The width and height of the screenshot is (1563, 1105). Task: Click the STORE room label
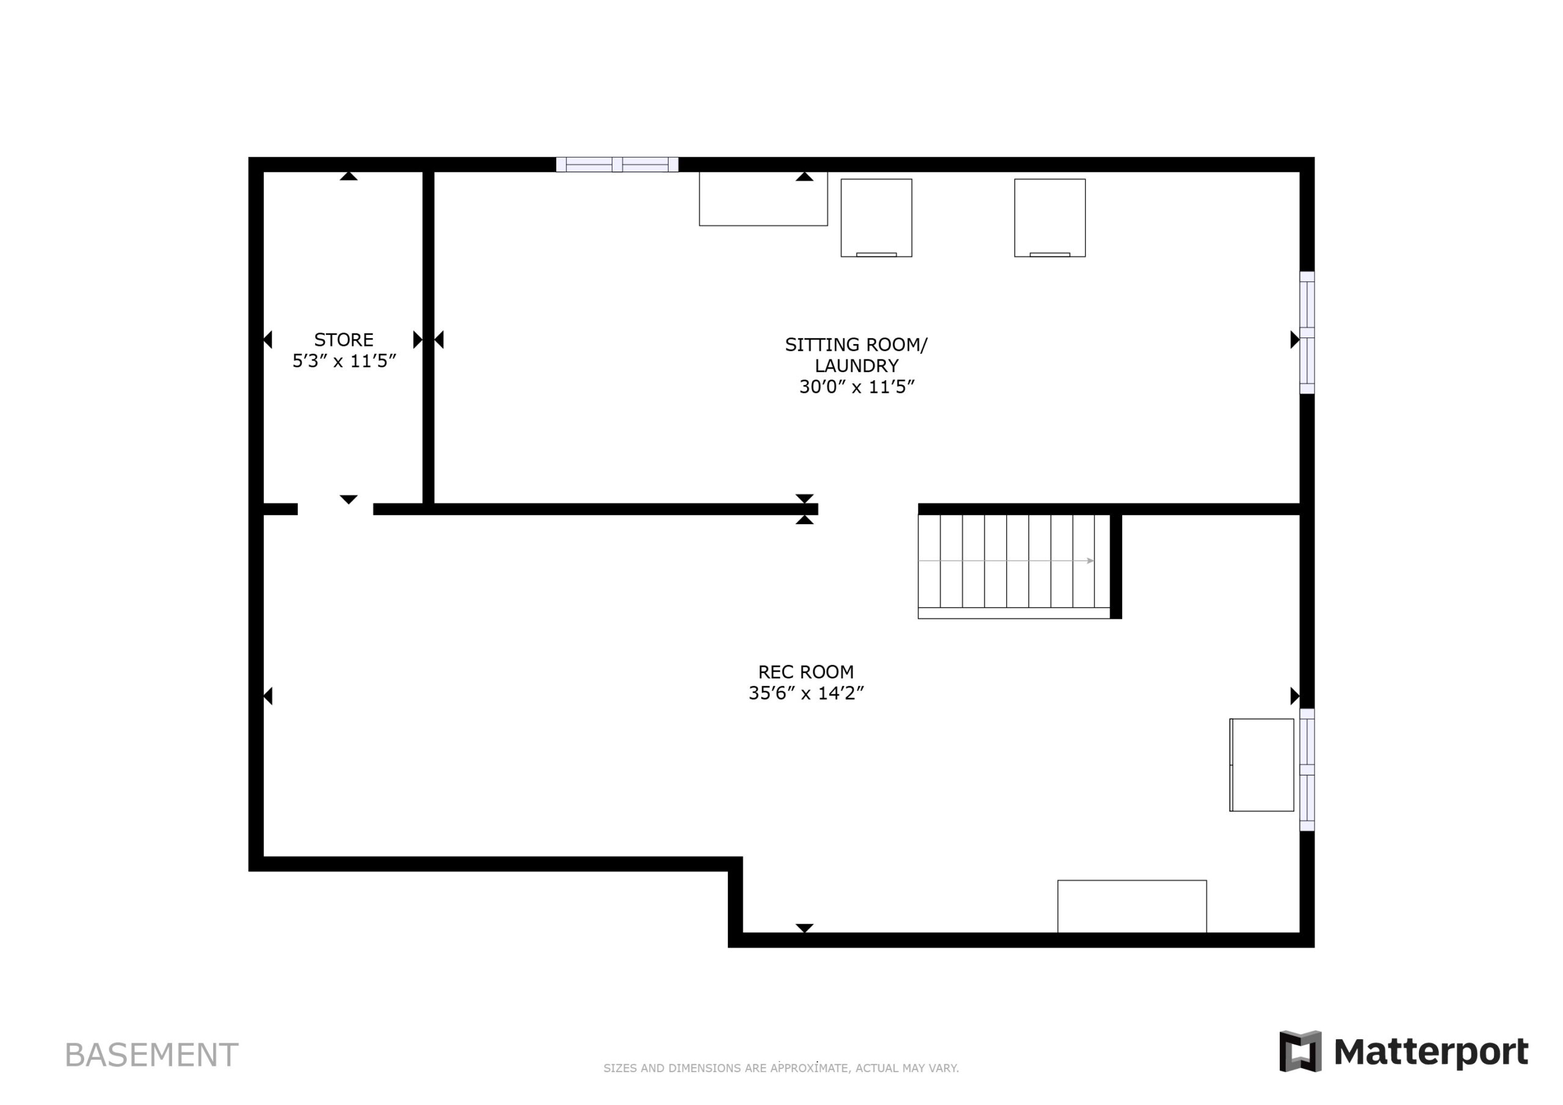click(344, 339)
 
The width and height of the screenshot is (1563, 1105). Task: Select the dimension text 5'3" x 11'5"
click(344, 361)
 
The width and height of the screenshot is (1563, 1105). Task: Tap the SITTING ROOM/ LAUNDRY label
click(857, 355)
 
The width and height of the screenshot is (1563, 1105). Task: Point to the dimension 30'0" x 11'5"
click(857, 386)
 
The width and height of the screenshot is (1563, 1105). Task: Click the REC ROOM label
click(806, 672)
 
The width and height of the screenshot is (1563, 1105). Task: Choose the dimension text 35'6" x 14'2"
click(806, 693)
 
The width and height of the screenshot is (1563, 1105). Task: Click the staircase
click(1014, 566)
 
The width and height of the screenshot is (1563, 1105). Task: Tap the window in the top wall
click(617, 165)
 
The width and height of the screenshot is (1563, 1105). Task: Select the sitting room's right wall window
click(1307, 333)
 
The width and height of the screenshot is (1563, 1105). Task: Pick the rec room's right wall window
click(1307, 769)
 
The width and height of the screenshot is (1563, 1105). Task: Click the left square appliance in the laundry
click(876, 218)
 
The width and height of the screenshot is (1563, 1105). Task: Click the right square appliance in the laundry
click(1050, 218)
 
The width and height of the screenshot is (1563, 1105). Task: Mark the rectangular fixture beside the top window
click(763, 199)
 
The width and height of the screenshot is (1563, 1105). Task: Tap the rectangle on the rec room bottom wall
click(1132, 906)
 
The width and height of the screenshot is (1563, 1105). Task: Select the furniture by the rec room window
click(1261, 765)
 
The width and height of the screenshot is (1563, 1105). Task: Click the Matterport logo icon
click(1300, 1051)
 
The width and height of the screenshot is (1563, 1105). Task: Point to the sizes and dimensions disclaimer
click(781, 1068)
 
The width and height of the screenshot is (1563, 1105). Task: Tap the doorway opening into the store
click(336, 509)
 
